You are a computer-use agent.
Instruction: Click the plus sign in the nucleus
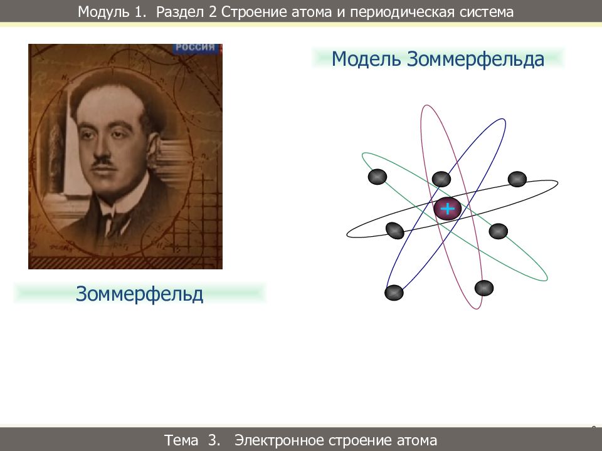[447, 209]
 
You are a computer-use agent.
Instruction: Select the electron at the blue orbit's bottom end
[394, 292]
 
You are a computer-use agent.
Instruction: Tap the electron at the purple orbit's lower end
[484, 288]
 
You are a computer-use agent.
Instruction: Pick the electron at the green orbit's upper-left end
[377, 177]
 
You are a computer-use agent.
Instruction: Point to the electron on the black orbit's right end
[517, 179]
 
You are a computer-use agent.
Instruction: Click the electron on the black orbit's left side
[394, 231]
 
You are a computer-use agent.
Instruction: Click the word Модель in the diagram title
[367, 60]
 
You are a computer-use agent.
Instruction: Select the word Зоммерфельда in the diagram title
[475, 60]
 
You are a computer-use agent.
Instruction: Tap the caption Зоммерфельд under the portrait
[140, 293]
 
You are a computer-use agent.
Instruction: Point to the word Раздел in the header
[179, 12]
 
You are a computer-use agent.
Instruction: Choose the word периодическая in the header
[400, 12]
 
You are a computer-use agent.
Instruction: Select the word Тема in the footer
[182, 440]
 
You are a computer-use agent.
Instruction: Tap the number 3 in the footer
[214, 440]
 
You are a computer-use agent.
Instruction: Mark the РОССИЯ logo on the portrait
[195, 48]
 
